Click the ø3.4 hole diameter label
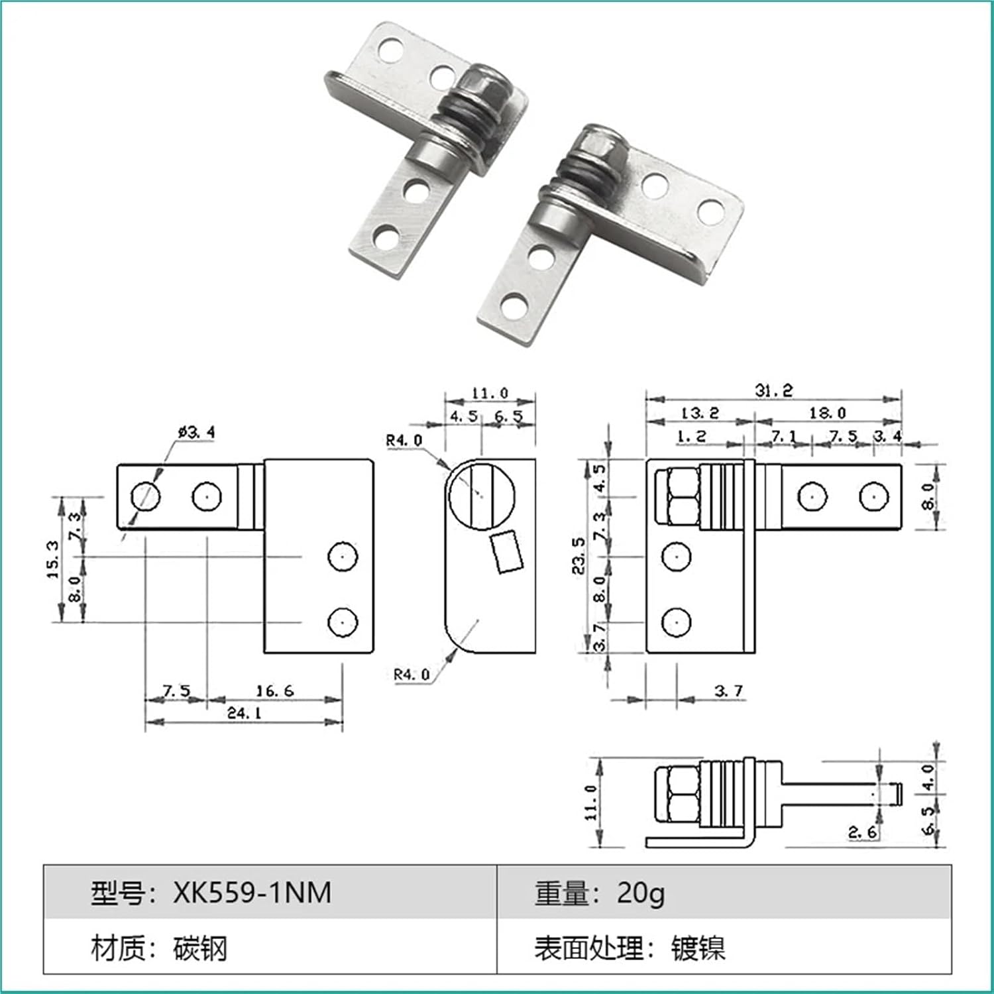pyautogui.click(x=196, y=432)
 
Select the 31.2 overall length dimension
pyautogui.click(x=773, y=390)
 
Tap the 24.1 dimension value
pyautogui.click(x=245, y=713)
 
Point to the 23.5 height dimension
pyautogui.click(x=580, y=555)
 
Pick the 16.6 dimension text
pyautogui.click(x=274, y=690)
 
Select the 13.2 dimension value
pyautogui.click(x=700, y=413)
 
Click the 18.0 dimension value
pyautogui.click(x=827, y=413)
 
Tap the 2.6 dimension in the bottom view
pyautogui.click(x=863, y=832)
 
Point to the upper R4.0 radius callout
pyautogui.click(x=404, y=440)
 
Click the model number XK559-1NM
pyautogui.click(x=252, y=893)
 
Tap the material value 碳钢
pyautogui.click(x=200, y=949)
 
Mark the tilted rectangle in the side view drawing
pyautogui.click(x=507, y=551)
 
